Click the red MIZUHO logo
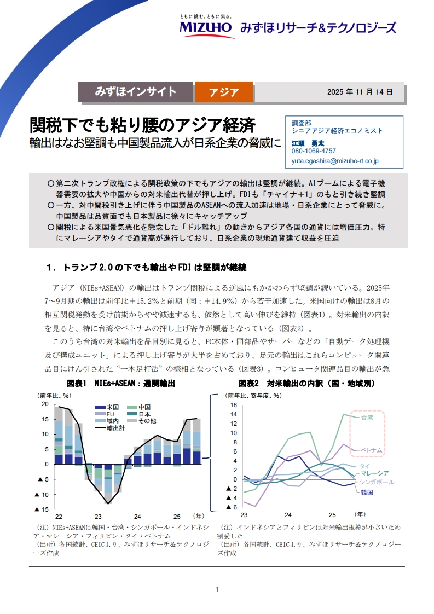click(206, 27)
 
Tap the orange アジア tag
click(224, 92)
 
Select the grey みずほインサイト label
click(136, 92)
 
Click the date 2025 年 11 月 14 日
click(360, 92)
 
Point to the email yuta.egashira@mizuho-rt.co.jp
click(335, 161)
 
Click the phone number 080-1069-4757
click(314, 151)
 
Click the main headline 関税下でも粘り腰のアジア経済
click(142, 125)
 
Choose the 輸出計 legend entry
click(115, 428)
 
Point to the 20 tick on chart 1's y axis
click(45, 404)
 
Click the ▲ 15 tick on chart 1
click(42, 509)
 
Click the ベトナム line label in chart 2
click(371, 450)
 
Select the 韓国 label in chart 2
click(367, 493)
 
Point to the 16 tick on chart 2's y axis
click(233, 406)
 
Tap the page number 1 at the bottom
click(217, 589)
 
